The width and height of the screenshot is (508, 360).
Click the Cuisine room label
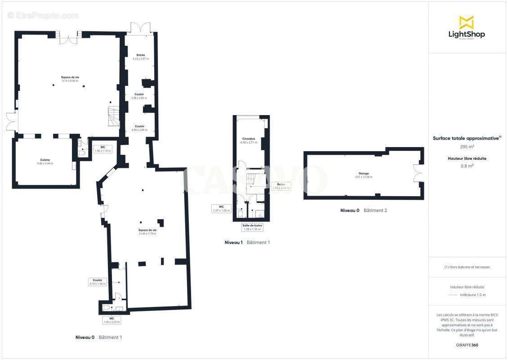(45, 161)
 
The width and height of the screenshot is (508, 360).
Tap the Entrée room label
(140, 57)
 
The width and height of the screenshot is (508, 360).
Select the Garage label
(364, 175)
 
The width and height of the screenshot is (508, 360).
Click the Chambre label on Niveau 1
(249, 140)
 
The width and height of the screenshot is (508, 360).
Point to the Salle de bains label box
(252, 227)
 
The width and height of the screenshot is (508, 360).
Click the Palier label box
(281, 186)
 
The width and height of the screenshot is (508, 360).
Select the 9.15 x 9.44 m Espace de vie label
(70, 79)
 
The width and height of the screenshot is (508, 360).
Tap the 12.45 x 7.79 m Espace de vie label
(147, 232)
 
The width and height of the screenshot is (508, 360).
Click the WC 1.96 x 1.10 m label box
(102, 149)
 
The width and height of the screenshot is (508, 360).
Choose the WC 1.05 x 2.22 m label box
(112, 320)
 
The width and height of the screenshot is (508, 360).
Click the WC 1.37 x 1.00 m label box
(221, 208)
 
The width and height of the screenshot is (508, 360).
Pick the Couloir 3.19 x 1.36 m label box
(98, 282)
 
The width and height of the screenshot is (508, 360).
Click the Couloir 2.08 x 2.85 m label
(139, 96)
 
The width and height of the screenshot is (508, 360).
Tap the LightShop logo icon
(466, 22)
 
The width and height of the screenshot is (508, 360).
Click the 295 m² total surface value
(466, 147)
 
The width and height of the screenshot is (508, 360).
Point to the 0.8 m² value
(466, 166)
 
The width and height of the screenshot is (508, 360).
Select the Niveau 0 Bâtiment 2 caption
(363, 211)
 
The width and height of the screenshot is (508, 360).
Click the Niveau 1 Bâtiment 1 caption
(247, 243)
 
